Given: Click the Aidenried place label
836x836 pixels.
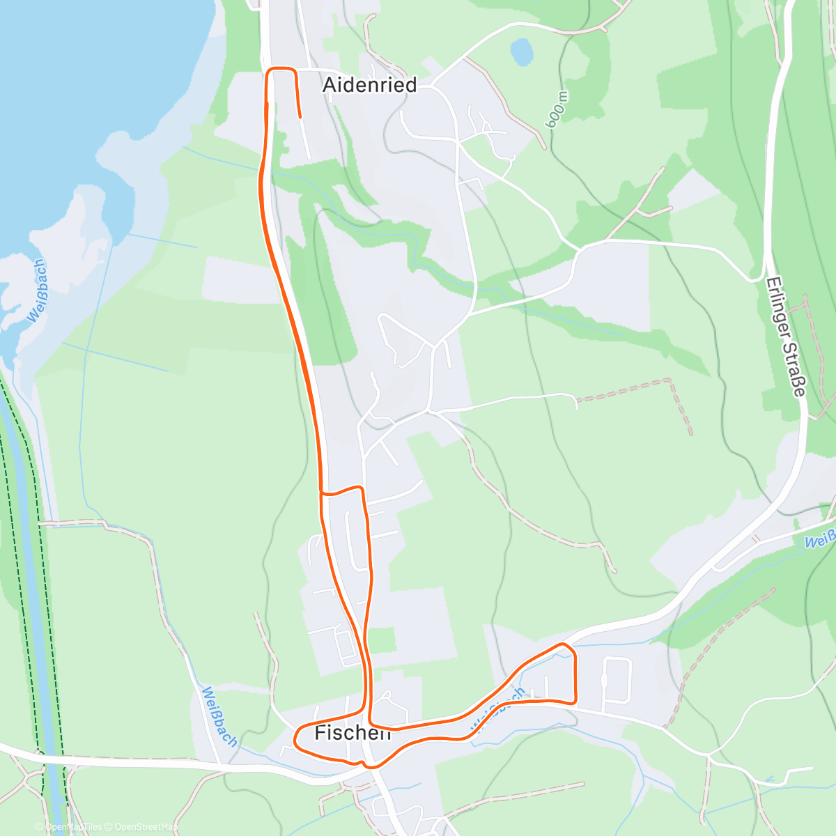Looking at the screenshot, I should pyautogui.click(x=369, y=85).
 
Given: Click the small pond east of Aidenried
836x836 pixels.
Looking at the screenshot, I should pyautogui.click(x=522, y=51).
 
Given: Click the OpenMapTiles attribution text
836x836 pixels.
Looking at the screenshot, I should pyautogui.click(x=73, y=827).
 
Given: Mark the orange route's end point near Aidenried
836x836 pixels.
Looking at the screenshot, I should pyautogui.click(x=300, y=117).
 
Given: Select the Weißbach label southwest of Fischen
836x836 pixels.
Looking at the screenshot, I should pyautogui.click(x=219, y=716).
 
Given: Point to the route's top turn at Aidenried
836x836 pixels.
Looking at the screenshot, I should pyautogui.click(x=281, y=68).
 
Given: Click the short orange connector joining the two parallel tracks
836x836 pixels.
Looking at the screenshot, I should pyautogui.click(x=341, y=490).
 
